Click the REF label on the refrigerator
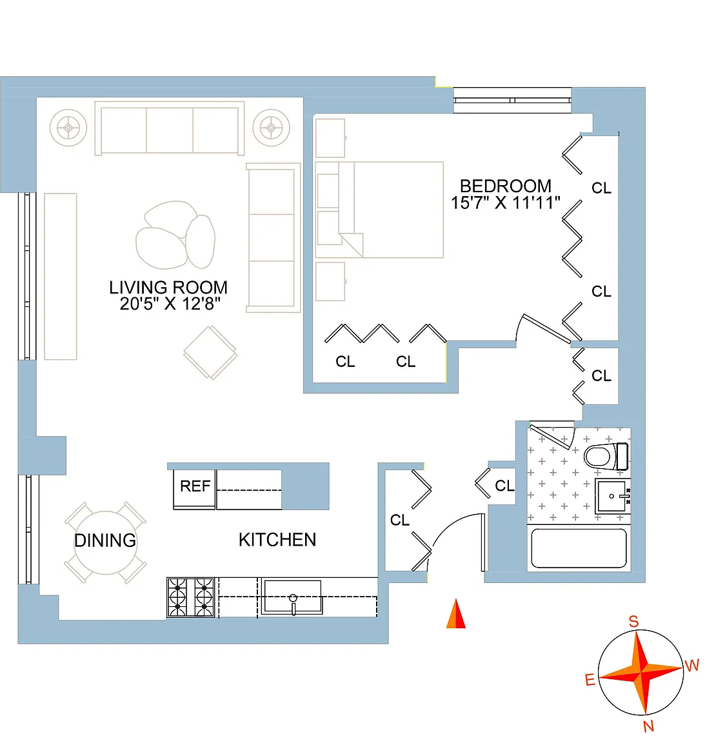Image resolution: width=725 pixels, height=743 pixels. pyautogui.click(x=195, y=486)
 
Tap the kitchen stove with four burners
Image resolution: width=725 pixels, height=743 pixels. pyautogui.click(x=191, y=597)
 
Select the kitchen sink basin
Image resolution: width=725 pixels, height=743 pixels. pyautogui.click(x=292, y=597)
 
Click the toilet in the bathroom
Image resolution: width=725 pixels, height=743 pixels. pyautogui.click(x=606, y=457)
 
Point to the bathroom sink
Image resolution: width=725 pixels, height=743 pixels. pyautogui.click(x=613, y=496)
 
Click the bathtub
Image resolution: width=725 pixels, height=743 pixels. pyautogui.click(x=579, y=548)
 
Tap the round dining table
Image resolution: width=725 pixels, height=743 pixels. pyautogui.click(x=106, y=542)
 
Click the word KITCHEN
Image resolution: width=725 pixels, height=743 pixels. pyautogui.click(x=277, y=540)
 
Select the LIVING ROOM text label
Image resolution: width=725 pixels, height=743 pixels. pyautogui.click(x=168, y=287)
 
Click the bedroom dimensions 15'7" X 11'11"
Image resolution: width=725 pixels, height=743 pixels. pyautogui.click(x=505, y=203)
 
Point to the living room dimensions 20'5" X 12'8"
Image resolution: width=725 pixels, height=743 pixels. pyautogui.click(x=170, y=304)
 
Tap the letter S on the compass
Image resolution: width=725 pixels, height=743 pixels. pyautogui.click(x=633, y=621)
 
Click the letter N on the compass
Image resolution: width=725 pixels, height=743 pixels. pyautogui.click(x=648, y=726)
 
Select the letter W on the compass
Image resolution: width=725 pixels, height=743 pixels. pyautogui.click(x=692, y=666)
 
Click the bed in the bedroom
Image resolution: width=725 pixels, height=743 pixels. pyautogui.click(x=379, y=210)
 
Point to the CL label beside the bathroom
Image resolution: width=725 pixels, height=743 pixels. pyautogui.click(x=504, y=486)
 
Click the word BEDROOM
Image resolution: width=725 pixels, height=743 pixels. pyautogui.click(x=506, y=186)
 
